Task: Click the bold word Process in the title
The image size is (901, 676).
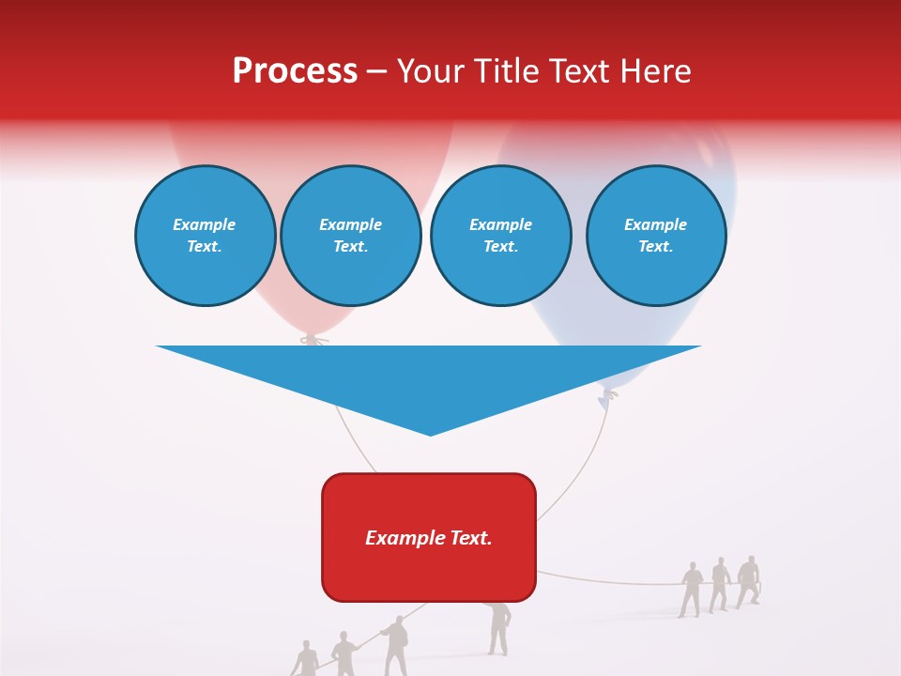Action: (295, 71)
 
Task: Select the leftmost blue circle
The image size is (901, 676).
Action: (205, 235)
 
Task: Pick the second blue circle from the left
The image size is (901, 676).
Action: (350, 235)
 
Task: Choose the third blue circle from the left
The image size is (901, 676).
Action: (500, 235)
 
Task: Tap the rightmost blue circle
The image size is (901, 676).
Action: (655, 235)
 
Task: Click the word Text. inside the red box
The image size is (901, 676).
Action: (469, 538)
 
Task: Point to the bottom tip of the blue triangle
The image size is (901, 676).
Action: (430, 434)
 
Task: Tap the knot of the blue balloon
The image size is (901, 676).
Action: (608, 396)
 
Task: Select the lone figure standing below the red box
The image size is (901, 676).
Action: (499, 625)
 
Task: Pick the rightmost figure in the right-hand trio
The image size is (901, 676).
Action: (748, 581)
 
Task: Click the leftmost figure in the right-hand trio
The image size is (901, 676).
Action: (691, 589)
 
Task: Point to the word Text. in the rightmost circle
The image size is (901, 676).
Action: (655, 246)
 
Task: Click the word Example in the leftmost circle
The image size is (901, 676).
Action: (205, 224)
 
